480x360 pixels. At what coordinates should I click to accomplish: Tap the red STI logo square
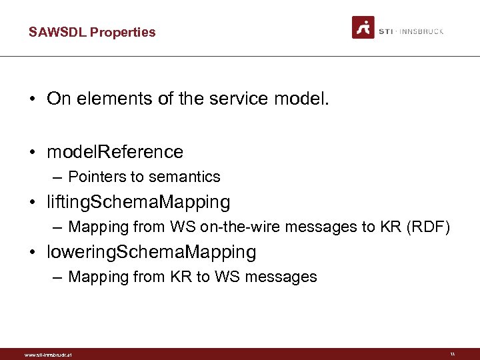tap(363, 27)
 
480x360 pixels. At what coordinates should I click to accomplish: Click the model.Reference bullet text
tap(115, 152)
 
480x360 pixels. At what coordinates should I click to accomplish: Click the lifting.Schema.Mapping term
tap(138, 202)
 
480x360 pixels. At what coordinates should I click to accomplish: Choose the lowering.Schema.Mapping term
tap(151, 253)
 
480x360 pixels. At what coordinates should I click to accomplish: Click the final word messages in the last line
tap(284, 277)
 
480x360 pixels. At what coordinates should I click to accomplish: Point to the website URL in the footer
tap(47, 355)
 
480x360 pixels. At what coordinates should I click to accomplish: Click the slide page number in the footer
tap(452, 354)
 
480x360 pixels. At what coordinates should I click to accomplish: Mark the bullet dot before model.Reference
tap(32, 153)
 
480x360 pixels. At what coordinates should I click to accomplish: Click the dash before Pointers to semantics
tap(59, 177)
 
